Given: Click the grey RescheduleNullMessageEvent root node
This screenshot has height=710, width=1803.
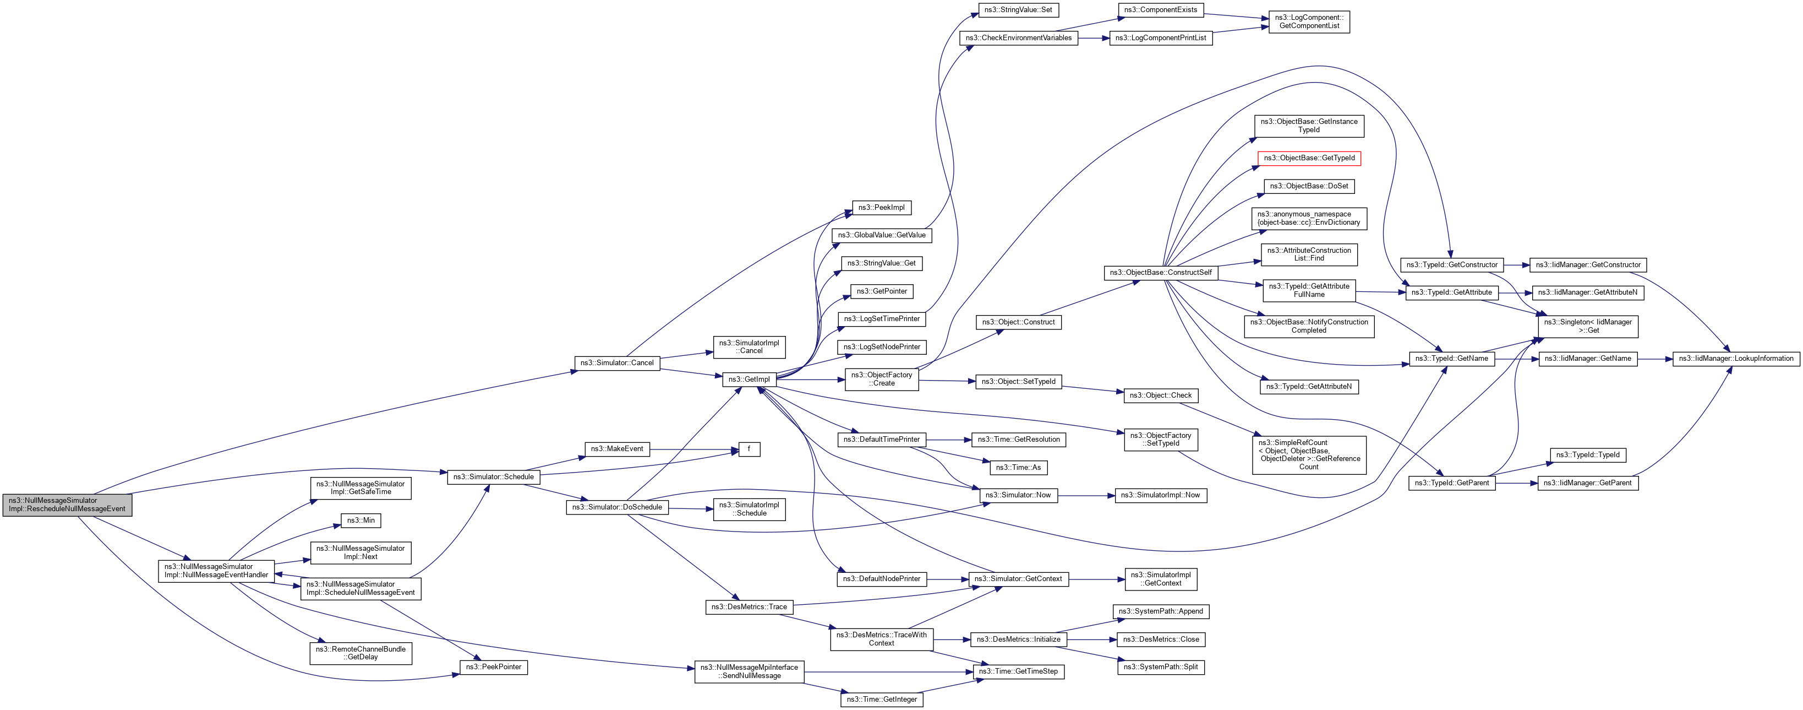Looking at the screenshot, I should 67,504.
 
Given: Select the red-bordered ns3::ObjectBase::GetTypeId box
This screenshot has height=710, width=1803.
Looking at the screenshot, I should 1309,158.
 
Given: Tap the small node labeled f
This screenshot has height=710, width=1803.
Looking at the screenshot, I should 749,449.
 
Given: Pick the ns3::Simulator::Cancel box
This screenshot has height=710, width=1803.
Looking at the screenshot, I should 616,362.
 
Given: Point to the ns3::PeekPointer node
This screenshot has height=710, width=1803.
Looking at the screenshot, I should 494,667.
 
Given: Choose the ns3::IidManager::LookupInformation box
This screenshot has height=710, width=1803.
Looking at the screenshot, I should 1736,359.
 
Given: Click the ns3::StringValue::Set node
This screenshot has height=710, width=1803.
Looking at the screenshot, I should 1018,10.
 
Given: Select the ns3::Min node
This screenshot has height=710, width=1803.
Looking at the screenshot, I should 361,521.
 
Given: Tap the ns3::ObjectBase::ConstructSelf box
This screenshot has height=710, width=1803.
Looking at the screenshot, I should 1161,272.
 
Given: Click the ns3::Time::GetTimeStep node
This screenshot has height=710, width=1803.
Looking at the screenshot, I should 1018,671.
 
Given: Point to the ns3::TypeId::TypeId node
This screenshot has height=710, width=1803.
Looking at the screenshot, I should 1587,455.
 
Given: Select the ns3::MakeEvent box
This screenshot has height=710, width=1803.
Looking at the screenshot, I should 616,449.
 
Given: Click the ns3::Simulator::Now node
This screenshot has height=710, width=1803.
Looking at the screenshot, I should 1018,495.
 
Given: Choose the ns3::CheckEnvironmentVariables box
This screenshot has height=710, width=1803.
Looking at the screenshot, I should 1018,38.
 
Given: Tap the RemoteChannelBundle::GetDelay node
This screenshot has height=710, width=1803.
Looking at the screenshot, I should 360,653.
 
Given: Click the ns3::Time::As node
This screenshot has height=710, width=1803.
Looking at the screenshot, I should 1018,467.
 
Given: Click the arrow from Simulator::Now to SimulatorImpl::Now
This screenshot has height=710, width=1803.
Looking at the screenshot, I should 1085,495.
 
